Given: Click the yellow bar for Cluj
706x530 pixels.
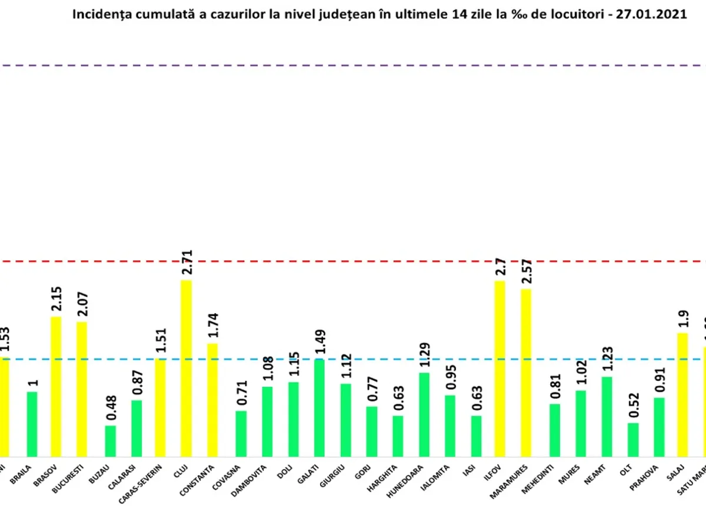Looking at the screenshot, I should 186,368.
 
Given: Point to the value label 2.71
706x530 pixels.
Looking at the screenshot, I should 187,263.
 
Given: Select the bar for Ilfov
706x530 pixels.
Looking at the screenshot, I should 499,368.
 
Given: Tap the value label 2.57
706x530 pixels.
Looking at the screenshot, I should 525,271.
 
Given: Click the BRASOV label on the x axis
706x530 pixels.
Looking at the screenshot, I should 45,475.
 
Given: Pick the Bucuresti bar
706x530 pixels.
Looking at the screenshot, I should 82,389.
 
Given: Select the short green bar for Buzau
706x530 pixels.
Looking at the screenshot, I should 111,440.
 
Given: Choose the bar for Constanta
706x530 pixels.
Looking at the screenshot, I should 212,399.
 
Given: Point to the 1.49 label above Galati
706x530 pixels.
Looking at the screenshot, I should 320,342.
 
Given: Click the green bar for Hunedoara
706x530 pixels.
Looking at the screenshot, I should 424,414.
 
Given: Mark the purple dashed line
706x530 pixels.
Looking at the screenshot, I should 353,65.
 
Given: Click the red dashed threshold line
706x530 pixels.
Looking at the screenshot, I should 353,260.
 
